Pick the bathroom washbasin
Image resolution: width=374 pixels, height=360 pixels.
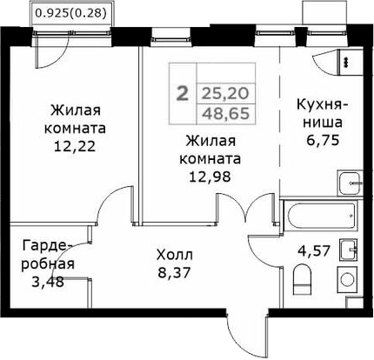351,250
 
